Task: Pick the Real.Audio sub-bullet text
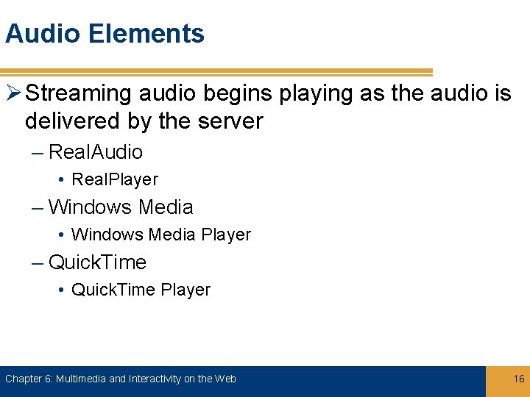tap(95, 152)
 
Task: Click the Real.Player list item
tap(114, 179)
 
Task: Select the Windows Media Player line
tap(160, 235)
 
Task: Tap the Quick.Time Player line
tap(140, 290)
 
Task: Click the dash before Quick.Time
tap(38, 262)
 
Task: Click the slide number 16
tap(519, 379)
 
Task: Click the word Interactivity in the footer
tap(155, 379)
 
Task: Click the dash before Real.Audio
tap(38, 152)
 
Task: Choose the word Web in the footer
tap(226, 379)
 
